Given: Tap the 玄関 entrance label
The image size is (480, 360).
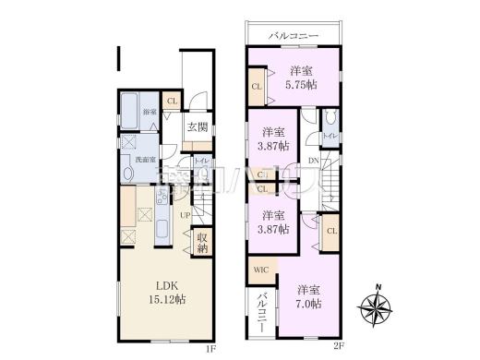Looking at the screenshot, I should [197, 127].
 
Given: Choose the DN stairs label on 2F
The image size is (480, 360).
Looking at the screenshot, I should [314, 161].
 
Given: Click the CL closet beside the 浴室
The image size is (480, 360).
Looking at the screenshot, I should [173, 102].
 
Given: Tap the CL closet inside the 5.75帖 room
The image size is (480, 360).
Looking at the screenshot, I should [256, 89].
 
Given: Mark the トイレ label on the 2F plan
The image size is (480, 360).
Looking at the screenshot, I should [330, 137].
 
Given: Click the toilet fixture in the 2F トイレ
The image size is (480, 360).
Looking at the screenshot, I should [330, 117].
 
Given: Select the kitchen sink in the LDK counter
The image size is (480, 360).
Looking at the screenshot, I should [160, 196].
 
